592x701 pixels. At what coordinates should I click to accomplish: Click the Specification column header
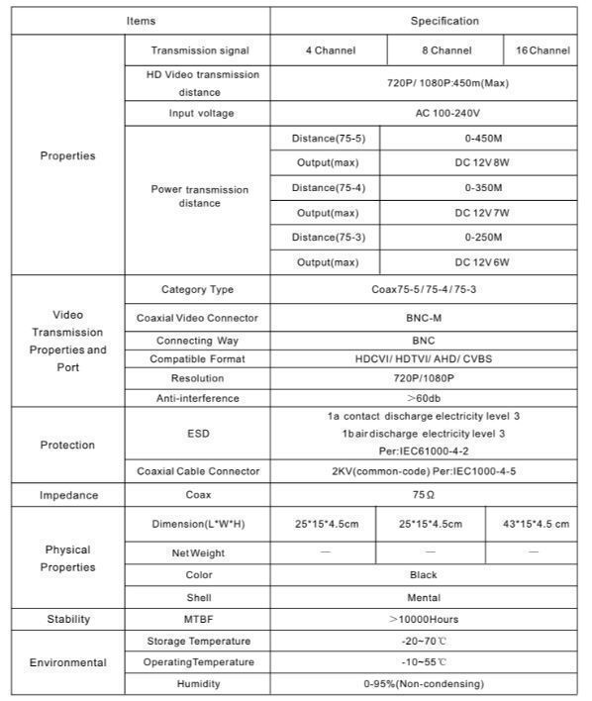click(444, 21)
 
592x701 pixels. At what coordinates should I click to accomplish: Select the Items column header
click(141, 21)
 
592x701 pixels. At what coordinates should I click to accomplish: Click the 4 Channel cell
click(330, 50)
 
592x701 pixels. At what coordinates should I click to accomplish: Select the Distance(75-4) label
click(328, 188)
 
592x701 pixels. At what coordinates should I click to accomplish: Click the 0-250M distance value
click(483, 238)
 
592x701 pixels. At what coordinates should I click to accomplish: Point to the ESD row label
click(198, 433)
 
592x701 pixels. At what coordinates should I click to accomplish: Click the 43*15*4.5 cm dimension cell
click(536, 524)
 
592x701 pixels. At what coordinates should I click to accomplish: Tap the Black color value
click(423, 574)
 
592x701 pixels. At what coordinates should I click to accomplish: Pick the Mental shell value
click(424, 598)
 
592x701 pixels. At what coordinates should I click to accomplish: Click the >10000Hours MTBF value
click(424, 620)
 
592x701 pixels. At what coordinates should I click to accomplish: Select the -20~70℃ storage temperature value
click(424, 642)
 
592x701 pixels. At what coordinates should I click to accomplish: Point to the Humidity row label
click(198, 684)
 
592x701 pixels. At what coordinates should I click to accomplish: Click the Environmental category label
click(68, 662)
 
